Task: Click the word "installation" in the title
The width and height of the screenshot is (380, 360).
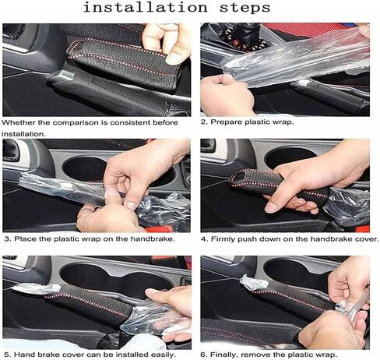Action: click(x=146, y=7)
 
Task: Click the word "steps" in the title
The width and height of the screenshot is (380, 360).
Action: click(x=245, y=8)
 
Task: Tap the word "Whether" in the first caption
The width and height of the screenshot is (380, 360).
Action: click(x=19, y=122)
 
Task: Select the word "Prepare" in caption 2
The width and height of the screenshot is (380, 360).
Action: click(x=227, y=122)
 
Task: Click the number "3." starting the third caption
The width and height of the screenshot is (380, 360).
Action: click(x=8, y=239)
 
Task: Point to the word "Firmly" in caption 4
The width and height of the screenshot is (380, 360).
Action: click(x=223, y=239)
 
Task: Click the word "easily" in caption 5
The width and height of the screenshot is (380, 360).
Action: click(x=163, y=355)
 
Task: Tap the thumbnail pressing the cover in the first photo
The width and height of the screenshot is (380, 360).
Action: click(x=173, y=59)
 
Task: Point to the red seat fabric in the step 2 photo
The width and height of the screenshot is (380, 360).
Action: click(x=306, y=30)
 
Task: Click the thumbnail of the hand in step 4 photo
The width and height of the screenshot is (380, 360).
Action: click(x=270, y=207)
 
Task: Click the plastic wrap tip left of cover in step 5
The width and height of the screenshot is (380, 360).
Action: click(x=37, y=288)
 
